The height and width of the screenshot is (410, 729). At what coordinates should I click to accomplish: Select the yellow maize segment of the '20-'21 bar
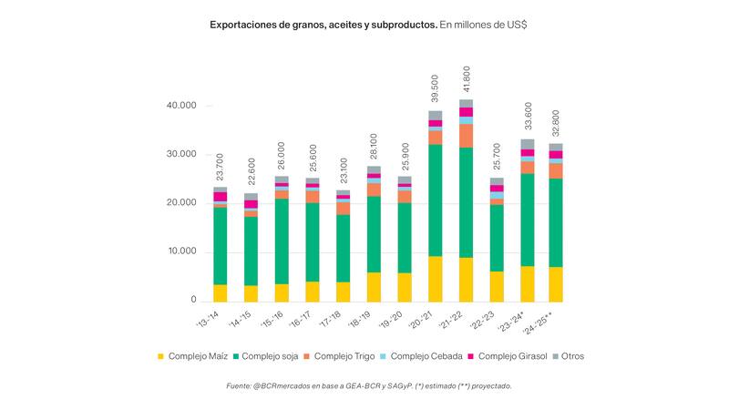tap(436, 279)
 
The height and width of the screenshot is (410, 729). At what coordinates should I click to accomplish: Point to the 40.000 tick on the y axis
tap(181, 106)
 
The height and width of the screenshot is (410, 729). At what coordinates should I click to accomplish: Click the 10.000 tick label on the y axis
tap(181, 251)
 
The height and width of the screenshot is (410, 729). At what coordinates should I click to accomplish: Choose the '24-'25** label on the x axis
tap(556, 323)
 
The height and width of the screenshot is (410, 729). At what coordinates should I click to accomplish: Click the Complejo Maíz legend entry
tap(192, 356)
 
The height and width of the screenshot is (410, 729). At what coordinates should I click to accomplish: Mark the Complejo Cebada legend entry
tap(425, 356)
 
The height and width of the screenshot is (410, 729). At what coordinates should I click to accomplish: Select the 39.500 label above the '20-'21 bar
tap(436, 90)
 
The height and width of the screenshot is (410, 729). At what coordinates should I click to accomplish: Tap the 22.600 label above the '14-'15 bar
tap(251, 173)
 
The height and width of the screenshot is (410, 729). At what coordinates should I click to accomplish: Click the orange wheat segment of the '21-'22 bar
tap(467, 136)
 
